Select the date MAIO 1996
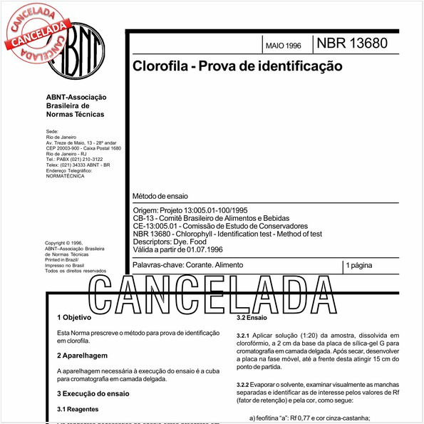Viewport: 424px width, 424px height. [283, 46]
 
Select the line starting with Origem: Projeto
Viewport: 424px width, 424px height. [190, 210]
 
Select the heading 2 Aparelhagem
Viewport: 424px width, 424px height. [82, 354]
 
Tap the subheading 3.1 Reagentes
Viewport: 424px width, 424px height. [78, 409]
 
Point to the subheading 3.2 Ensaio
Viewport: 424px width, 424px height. [252, 317]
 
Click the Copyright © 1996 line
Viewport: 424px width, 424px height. [63, 242]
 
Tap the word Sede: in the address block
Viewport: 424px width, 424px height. [51, 132]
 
